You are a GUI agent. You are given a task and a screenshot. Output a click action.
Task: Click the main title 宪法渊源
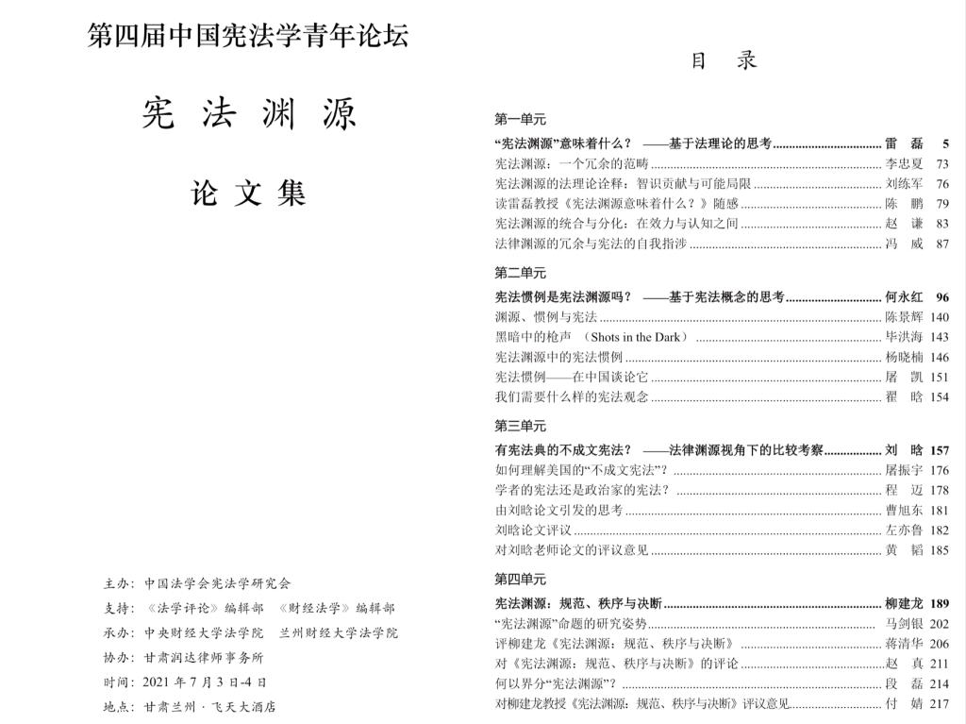pyautogui.click(x=249, y=114)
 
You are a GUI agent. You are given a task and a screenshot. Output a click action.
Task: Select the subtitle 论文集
pyautogui.click(x=249, y=194)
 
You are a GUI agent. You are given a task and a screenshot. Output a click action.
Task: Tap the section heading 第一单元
pyautogui.click(x=520, y=120)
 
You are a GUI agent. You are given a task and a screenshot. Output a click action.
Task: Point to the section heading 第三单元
pyautogui.click(x=520, y=426)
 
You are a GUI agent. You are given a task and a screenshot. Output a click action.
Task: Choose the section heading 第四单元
pyautogui.click(x=520, y=579)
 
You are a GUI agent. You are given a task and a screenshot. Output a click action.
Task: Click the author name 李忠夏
pyautogui.click(x=904, y=164)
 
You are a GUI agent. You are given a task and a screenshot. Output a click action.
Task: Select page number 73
pyautogui.click(x=941, y=164)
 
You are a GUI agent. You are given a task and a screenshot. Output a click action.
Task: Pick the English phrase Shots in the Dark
pyautogui.click(x=639, y=337)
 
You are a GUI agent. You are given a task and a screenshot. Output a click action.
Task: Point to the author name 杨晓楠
pyautogui.click(x=904, y=357)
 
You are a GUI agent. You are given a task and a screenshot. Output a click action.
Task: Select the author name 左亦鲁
pyautogui.click(x=904, y=530)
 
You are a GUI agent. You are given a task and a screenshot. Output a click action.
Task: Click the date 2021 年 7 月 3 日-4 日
pyautogui.click(x=205, y=682)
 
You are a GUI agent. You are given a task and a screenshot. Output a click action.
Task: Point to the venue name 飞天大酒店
pyautogui.click(x=243, y=706)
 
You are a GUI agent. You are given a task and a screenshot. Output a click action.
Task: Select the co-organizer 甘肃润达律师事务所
pyautogui.click(x=204, y=657)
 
